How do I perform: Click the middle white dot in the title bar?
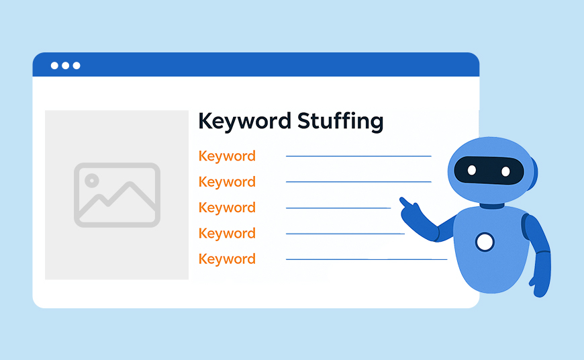pos(66,66)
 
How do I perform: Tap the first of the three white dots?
pos(54,66)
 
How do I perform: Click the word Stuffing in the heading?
pos(340,122)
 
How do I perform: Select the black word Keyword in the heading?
pos(244,122)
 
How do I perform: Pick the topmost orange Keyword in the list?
pos(227,156)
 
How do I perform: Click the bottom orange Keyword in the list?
pos(227,259)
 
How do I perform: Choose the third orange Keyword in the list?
pos(227,208)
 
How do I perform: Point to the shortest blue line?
pos(338,208)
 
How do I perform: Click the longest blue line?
pos(367,259)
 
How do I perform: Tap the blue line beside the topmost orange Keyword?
pos(358,156)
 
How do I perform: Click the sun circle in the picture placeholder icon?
pos(91,181)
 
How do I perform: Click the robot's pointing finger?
pos(405,202)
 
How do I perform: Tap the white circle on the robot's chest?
pos(485,242)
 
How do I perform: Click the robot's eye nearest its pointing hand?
pos(471,171)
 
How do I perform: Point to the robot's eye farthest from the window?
pos(505,171)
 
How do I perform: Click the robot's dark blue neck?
pos(491,206)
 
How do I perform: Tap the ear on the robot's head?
pos(534,173)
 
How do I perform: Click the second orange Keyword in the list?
pos(227,182)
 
